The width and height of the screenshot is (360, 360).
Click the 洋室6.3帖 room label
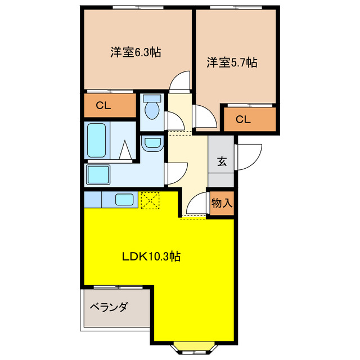pyautogui.click(x=136, y=52)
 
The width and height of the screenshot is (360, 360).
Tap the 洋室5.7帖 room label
pyautogui.click(x=232, y=62)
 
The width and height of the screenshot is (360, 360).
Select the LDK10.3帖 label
pyautogui.click(x=151, y=256)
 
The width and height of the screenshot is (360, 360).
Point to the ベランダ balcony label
pyautogui.click(x=109, y=307)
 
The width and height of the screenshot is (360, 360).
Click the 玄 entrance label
pyautogui.click(x=222, y=161)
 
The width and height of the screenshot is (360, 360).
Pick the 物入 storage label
pyautogui.click(x=222, y=202)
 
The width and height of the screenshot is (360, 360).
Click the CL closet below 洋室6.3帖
pyautogui.click(x=103, y=105)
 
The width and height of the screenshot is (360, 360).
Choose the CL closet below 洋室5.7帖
pyautogui.click(x=243, y=119)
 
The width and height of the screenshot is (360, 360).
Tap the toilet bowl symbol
pyautogui.click(x=152, y=106)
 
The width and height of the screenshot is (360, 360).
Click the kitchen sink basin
pyautogui.click(x=124, y=199)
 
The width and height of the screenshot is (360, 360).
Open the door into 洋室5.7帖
pyautogui.click(x=204, y=117)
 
